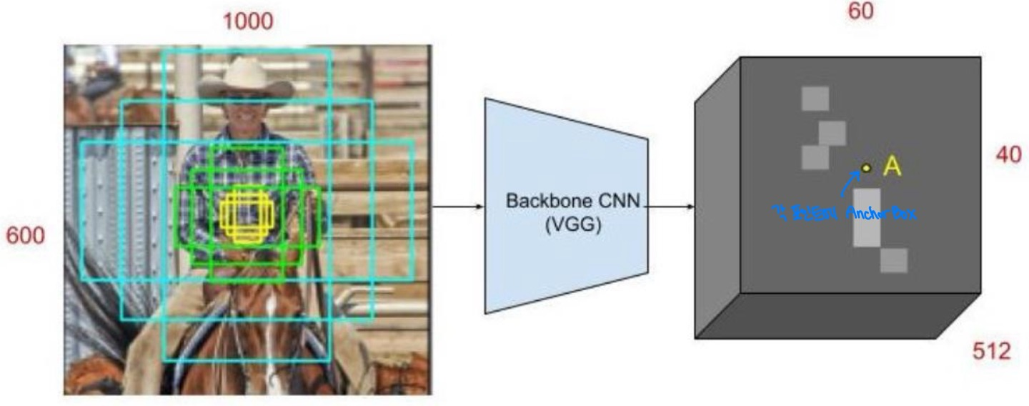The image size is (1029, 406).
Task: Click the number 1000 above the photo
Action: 247,21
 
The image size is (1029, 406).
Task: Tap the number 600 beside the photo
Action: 26,235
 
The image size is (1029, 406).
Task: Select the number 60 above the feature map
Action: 861,11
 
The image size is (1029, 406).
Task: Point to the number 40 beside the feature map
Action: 1008,155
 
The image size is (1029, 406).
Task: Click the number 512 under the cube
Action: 992,352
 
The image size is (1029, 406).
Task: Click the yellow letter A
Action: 892,167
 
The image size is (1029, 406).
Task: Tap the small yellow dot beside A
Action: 866,168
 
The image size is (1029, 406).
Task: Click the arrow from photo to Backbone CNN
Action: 458,207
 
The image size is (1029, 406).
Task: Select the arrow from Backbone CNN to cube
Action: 670,207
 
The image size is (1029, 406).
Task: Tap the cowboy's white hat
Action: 246,79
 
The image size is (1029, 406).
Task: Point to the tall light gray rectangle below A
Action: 867,218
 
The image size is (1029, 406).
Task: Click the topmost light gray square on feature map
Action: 815,99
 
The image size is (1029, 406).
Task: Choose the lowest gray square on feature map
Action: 894,260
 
